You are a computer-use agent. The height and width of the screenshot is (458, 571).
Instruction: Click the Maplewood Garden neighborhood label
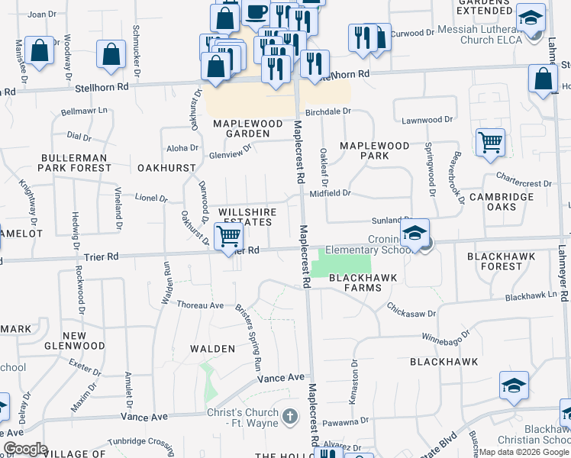[x=241, y=128]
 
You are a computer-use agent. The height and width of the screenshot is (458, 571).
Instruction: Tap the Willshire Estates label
[x=245, y=216]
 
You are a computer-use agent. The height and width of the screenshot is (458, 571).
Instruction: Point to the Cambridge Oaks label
[x=502, y=202]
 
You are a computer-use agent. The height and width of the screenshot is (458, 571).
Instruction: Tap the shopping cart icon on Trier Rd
[x=228, y=237]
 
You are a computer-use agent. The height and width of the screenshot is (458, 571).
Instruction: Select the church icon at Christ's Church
[x=289, y=417]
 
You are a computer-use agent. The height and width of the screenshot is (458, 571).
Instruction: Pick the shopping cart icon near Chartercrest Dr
[x=490, y=143]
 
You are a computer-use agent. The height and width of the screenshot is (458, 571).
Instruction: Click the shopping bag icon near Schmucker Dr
[x=111, y=55]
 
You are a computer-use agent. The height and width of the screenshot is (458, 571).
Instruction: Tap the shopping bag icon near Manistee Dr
[x=38, y=52]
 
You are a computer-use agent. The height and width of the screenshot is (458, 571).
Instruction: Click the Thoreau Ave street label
[x=200, y=305]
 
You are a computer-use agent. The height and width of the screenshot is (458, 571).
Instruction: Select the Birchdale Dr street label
[x=327, y=111]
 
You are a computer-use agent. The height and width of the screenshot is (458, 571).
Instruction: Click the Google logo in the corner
[x=24, y=449]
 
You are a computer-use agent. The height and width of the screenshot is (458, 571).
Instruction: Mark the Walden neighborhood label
[x=212, y=349]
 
